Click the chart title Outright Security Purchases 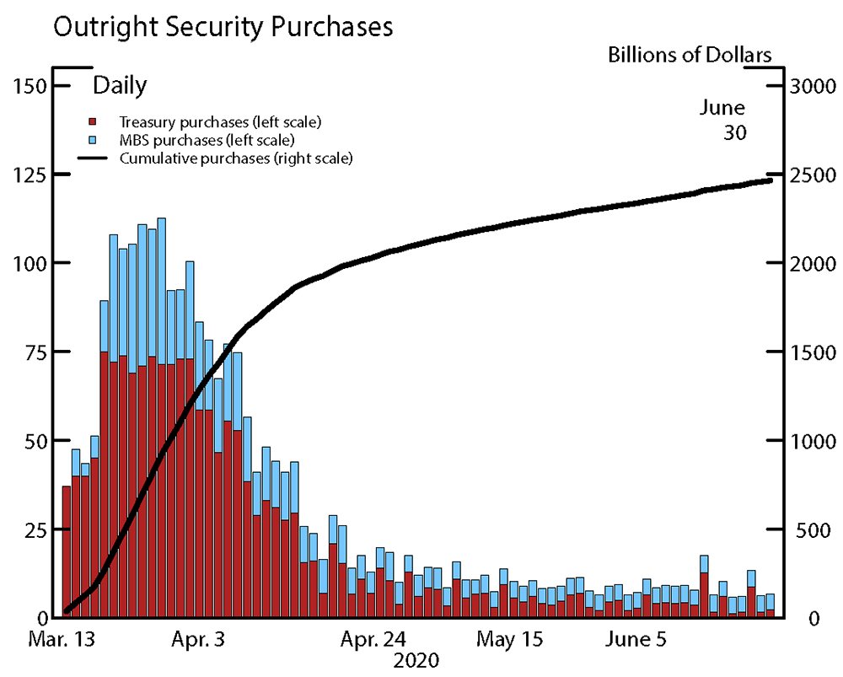point(223,27)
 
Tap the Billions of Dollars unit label point(690,56)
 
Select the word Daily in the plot point(120,85)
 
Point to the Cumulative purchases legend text point(235,158)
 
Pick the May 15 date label point(510,639)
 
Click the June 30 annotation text point(722,120)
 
